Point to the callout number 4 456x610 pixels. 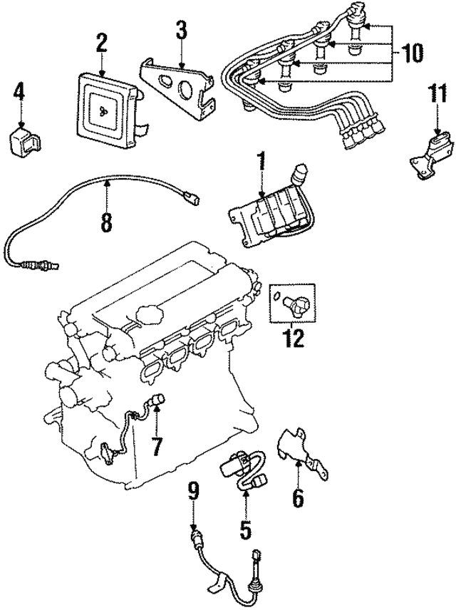pyautogui.click(x=19, y=92)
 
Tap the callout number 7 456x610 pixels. pyautogui.click(x=157, y=447)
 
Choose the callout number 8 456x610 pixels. pyautogui.click(x=107, y=222)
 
